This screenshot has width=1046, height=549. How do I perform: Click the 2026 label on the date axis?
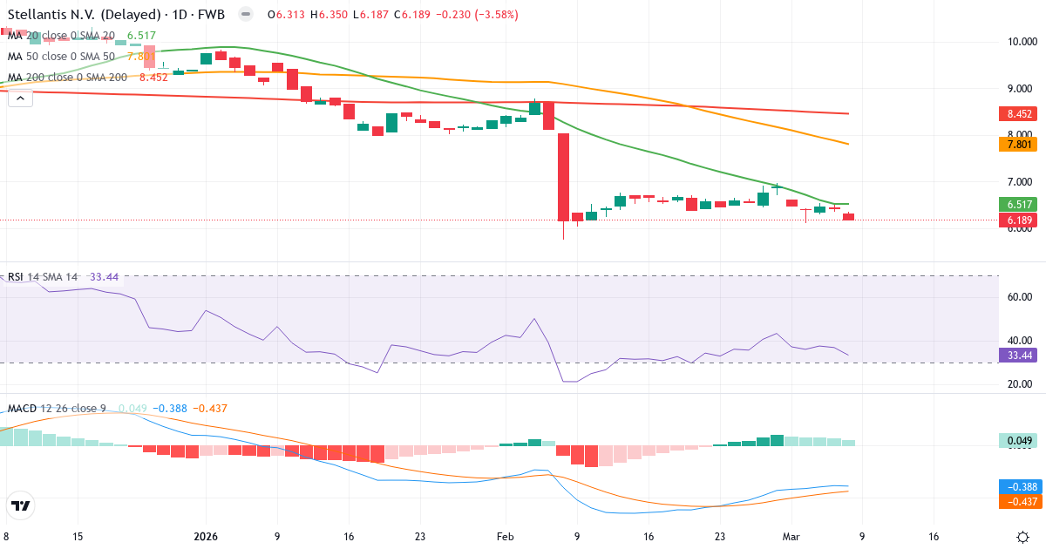pyautogui.click(x=206, y=537)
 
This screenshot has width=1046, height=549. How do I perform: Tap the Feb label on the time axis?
pyautogui.click(x=506, y=537)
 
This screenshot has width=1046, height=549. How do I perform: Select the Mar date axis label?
pyautogui.click(x=791, y=537)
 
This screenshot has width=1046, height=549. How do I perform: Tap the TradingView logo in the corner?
pyautogui.click(x=20, y=505)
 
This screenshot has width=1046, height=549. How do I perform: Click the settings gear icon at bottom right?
pyautogui.click(x=1025, y=537)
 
